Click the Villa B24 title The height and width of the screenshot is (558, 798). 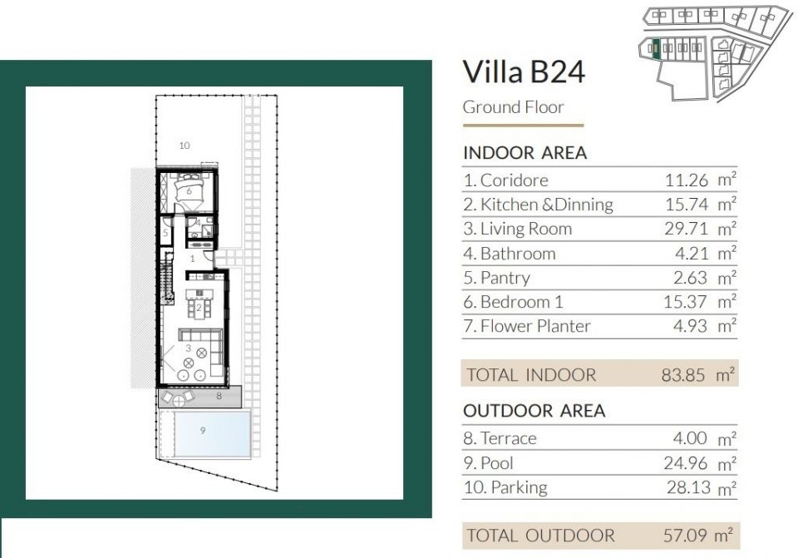coord(524,72)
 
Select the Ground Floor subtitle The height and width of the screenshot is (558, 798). coord(513,107)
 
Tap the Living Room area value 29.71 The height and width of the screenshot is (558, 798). coord(686,229)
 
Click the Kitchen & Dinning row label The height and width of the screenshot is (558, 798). coord(538,205)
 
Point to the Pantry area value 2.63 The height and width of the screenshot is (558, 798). coord(690,278)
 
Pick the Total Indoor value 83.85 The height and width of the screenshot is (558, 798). coord(683,375)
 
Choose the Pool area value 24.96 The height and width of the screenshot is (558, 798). coord(686,463)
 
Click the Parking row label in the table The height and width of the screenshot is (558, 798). coord(505,487)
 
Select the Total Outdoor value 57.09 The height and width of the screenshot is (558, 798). coord(685,536)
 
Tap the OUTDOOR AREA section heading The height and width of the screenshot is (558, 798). coord(534,410)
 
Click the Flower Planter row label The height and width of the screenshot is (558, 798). coord(527,326)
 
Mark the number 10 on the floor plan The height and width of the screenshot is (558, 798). coord(185,146)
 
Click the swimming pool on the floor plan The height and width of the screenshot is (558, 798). coord(213,434)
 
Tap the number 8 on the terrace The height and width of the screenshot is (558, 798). coord(219,396)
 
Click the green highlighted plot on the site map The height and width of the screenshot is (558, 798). coord(656,48)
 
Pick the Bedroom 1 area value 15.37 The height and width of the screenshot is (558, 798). coord(685,302)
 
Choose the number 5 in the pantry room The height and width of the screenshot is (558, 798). coord(166,233)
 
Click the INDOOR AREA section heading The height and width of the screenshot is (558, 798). coord(525,153)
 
